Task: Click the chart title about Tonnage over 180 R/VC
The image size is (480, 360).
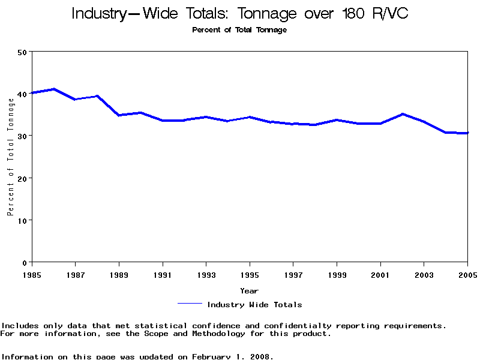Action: click(x=239, y=14)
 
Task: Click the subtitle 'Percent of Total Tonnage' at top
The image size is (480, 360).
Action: click(x=239, y=30)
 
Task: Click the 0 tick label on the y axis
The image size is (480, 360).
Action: click(x=26, y=262)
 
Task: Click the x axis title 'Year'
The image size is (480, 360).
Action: click(x=250, y=290)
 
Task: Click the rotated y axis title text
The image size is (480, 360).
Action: click(x=10, y=163)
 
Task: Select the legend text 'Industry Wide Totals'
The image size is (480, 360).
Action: click(x=254, y=305)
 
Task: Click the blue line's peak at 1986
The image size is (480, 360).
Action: click(x=54, y=89)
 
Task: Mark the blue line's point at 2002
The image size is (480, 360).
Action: click(x=403, y=114)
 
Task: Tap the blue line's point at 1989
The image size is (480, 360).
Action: click(x=119, y=115)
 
